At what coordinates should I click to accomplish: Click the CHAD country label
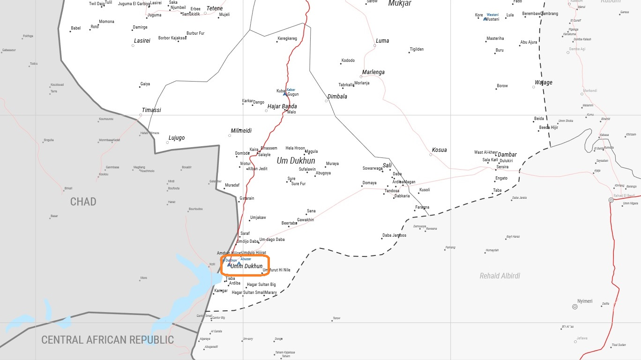(x=83, y=202)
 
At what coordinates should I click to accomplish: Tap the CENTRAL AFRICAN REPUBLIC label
(x=107, y=340)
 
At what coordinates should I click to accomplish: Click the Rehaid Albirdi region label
(x=499, y=276)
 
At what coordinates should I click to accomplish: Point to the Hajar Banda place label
(x=282, y=106)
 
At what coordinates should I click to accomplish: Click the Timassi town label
(x=151, y=110)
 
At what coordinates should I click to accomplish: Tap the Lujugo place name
(x=176, y=138)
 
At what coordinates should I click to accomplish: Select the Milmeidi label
(x=241, y=131)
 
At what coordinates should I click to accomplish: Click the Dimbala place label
(x=337, y=97)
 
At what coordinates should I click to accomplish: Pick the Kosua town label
(x=439, y=150)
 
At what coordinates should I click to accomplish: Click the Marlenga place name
(x=373, y=72)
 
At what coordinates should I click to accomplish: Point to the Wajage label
(x=544, y=82)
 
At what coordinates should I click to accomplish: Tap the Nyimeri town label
(x=585, y=301)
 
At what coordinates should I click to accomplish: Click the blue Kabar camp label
(x=291, y=90)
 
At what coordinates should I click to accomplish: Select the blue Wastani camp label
(x=492, y=15)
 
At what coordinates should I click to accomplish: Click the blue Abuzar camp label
(x=246, y=259)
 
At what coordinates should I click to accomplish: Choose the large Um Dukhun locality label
(x=296, y=161)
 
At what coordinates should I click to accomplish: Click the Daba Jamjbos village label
(x=394, y=235)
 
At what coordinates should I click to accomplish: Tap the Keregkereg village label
(x=287, y=38)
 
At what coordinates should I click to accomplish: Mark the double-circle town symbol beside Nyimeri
(x=575, y=307)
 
